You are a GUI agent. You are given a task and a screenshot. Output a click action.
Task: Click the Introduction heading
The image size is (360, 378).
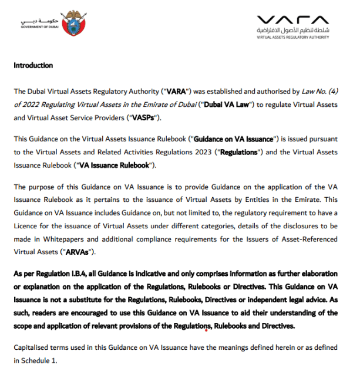point(34,65)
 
